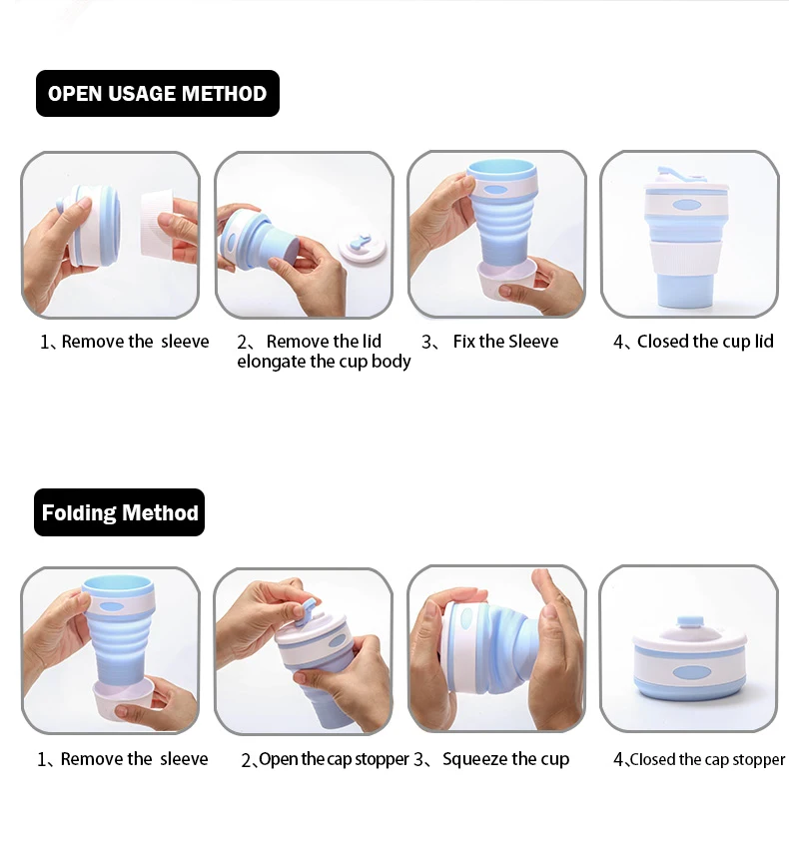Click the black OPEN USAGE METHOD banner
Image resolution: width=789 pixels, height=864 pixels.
(x=158, y=93)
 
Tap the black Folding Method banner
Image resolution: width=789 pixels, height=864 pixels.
(x=119, y=512)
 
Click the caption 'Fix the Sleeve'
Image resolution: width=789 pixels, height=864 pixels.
(x=505, y=342)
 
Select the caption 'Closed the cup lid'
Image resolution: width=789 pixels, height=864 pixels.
(x=705, y=342)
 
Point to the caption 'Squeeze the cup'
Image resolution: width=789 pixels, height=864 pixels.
(x=505, y=759)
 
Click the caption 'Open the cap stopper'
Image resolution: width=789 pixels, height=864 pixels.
(x=334, y=759)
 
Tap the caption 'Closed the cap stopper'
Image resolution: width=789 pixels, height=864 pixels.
(x=707, y=760)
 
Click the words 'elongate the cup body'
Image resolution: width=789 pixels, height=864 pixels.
(x=324, y=362)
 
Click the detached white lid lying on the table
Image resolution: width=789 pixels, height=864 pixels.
(x=362, y=247)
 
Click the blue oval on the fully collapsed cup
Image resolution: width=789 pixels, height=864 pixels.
(x=691, y=673)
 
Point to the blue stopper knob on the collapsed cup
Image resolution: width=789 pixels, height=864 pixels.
(x=689, y=623)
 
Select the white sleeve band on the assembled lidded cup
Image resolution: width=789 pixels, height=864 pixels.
(x=686, y=257)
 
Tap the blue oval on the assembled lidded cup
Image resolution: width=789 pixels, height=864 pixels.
(x=687, y=206)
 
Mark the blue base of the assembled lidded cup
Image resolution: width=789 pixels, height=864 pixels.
(x=686, y=290)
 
